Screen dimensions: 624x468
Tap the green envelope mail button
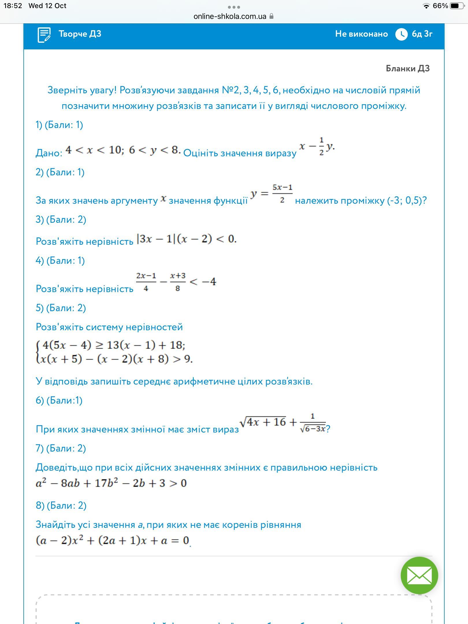tap(419, 575)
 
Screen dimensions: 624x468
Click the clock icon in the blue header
tap(401, 34)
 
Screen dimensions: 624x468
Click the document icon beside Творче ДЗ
tap(44, 35)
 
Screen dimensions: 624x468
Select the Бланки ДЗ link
tap(408, 68)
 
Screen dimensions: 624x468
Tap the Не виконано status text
tap(361, 34)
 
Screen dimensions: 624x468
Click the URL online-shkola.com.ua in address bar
tap(230, 16)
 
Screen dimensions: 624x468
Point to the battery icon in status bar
tap(457, 6)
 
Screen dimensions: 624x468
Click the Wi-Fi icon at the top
tap(426, 6)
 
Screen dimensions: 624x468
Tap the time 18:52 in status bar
tap(13, 6)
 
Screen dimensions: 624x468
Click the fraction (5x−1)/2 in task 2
tap(282, 194)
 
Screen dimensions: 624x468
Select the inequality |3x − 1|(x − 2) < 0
tap(187, 239)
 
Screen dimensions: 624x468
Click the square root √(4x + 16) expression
tap(263, 422)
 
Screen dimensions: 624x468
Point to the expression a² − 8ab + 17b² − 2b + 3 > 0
tap(111, 483)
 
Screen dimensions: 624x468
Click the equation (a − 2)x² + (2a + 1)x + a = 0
tap(112, 540)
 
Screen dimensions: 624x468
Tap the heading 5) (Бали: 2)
tap(61, 308)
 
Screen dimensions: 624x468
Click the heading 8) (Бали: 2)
tap(61, 506)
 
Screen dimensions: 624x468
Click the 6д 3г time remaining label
tap(422, 34)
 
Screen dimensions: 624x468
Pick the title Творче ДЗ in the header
tap(80, 34)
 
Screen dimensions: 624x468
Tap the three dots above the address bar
tap(234, 7)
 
